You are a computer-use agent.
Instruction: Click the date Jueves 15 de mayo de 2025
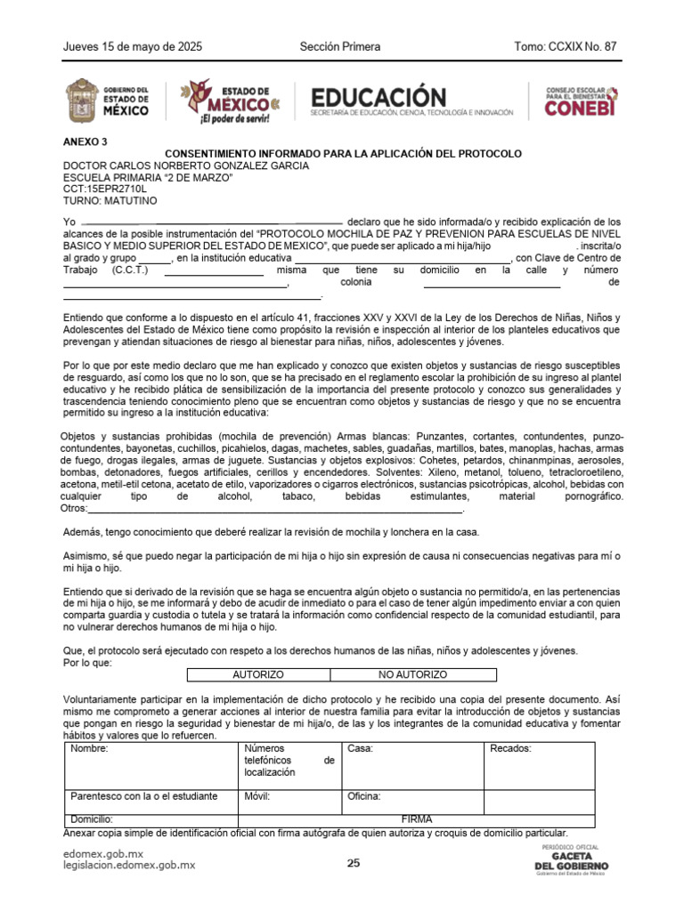(x=120, y=46)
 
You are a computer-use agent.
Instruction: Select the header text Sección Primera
(x=340, y=46)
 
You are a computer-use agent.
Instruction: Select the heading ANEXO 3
(x=85, y=141)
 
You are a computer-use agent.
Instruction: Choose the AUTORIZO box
(x=258, y=676)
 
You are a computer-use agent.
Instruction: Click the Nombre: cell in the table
(x=151, y=764)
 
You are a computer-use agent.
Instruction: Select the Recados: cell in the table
(x=540, y=764)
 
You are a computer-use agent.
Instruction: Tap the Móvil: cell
(x=290, y=801)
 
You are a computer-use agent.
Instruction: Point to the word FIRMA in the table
(x=417, y=819)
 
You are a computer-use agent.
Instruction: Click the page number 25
(x=354, y=863)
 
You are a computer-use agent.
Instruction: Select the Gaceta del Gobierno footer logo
(x=571, y=860)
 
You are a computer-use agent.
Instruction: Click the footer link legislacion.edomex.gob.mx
(x=128, y=866)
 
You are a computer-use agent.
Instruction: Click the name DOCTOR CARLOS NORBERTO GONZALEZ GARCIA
(x=185, y=165)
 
